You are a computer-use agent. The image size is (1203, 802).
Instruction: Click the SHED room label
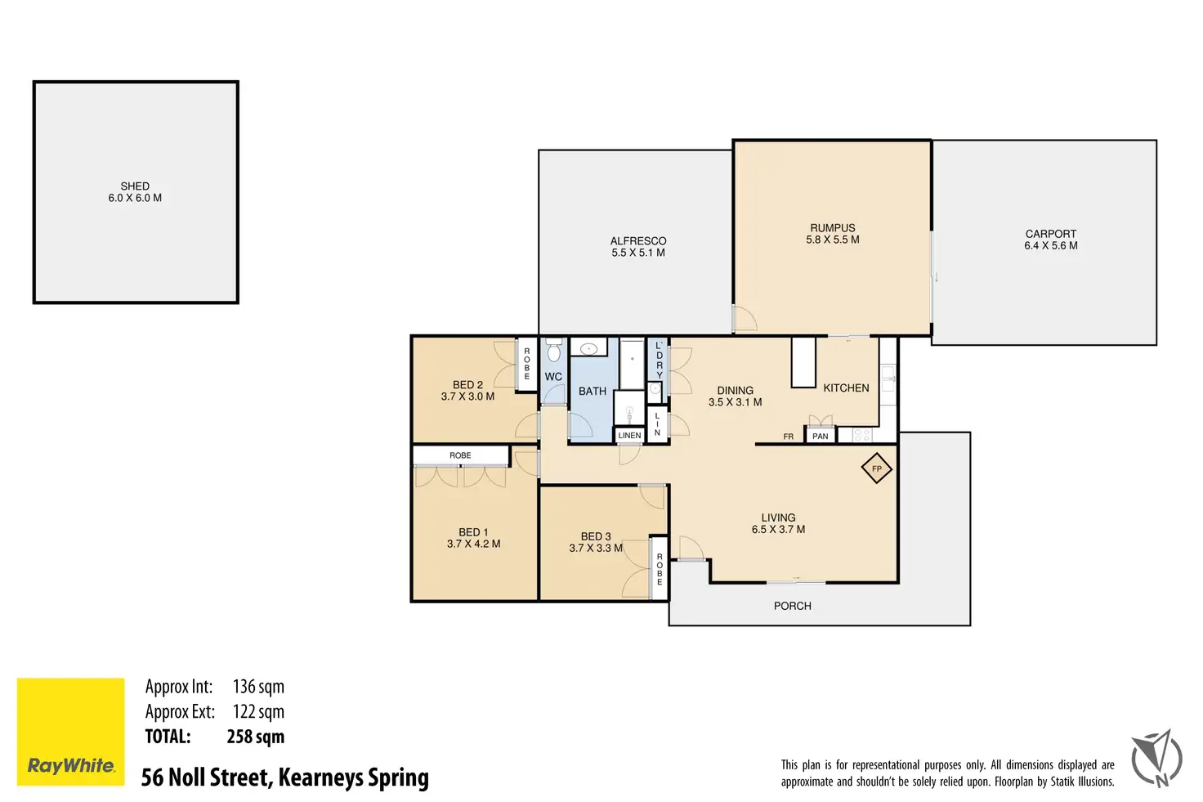coord(135,186)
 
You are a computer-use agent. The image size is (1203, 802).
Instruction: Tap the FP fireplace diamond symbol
coord(876,468)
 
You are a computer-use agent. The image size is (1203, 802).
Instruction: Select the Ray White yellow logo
coord(71,732)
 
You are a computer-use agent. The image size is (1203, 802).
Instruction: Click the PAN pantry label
coord(820,437)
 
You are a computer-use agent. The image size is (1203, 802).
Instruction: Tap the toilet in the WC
coord(554,350)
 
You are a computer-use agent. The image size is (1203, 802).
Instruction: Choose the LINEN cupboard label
coord(629,435)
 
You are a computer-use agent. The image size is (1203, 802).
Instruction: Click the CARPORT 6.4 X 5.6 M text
coord(1050,240)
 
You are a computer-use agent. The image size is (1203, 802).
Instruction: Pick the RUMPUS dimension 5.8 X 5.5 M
coord(833,240)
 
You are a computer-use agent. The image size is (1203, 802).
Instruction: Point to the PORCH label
coord(793,606)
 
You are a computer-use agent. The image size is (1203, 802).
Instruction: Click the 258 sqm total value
coord(256,737)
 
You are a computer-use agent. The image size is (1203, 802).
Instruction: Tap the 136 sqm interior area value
coord(258,687)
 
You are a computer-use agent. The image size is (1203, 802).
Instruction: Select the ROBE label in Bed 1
coord(460,455)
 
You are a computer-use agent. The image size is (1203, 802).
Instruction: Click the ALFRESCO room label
coord(638,241)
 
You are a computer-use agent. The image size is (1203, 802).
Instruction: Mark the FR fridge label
coord(789,437)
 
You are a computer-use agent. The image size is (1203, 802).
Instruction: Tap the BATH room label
coord(593,391)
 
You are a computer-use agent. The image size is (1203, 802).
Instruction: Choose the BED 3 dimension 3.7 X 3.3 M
coord(596,548)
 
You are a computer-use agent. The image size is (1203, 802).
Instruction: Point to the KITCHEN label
coord(846,388)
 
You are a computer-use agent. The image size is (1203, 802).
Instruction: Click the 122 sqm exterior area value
coord(258,712)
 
